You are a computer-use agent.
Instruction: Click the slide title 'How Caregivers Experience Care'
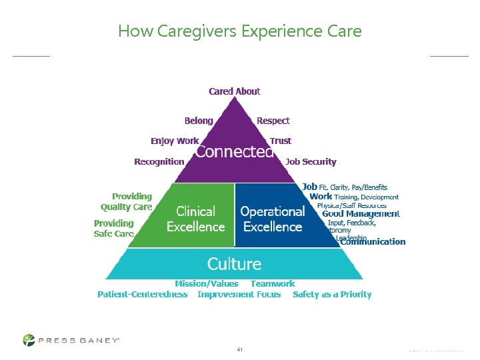(239, 31)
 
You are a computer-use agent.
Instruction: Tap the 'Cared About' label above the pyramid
(235, 91)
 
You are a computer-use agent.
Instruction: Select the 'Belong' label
(199, 121)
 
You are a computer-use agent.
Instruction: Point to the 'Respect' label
(273, 121)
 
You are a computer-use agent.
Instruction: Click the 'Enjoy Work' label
(175, 141)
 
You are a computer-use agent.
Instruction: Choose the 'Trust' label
(281, 141)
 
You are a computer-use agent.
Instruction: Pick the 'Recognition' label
(159, 161)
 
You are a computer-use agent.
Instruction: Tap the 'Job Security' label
(311, 161)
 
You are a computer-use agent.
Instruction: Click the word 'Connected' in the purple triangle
(234, 152)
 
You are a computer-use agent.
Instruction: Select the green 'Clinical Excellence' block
(195, 219)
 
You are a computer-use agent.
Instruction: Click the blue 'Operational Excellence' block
(272, 219)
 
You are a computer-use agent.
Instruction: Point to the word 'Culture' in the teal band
(234, 263)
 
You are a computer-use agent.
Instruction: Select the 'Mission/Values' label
(206, 283)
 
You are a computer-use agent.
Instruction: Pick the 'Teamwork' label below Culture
(273, 283)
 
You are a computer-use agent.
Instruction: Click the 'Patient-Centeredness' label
(143, 294)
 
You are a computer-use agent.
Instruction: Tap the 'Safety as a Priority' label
(332, 294)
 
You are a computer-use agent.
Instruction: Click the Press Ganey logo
(71, 340)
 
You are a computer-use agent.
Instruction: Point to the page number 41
(240, 349)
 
